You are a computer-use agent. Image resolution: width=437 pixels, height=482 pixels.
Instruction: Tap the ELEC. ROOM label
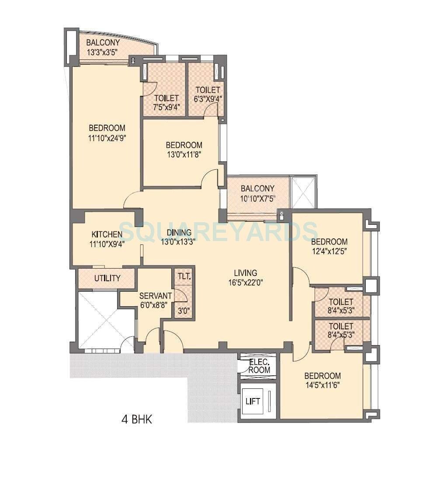coord(260,366)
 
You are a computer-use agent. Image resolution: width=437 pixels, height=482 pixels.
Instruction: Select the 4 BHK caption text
coord(136,420)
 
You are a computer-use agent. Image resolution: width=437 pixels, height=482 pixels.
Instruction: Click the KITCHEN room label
coord(107,234)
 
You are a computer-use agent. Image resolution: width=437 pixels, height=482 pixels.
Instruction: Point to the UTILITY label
coord(108,279)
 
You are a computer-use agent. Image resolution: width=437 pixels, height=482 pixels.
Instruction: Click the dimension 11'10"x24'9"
coord(107,138)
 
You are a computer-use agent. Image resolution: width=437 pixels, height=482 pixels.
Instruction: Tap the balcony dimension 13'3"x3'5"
coord(103,52)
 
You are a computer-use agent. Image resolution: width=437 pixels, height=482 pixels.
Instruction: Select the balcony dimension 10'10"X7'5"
coord(258,198)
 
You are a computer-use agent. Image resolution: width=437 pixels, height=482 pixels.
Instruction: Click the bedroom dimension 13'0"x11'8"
coord(183,154)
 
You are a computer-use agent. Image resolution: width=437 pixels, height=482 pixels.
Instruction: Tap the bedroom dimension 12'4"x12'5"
coord(329,251)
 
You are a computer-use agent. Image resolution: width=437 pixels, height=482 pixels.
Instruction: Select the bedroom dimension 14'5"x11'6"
coord(323,385)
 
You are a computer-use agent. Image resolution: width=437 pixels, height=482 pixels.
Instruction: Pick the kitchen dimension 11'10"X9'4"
coord(107,244)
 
